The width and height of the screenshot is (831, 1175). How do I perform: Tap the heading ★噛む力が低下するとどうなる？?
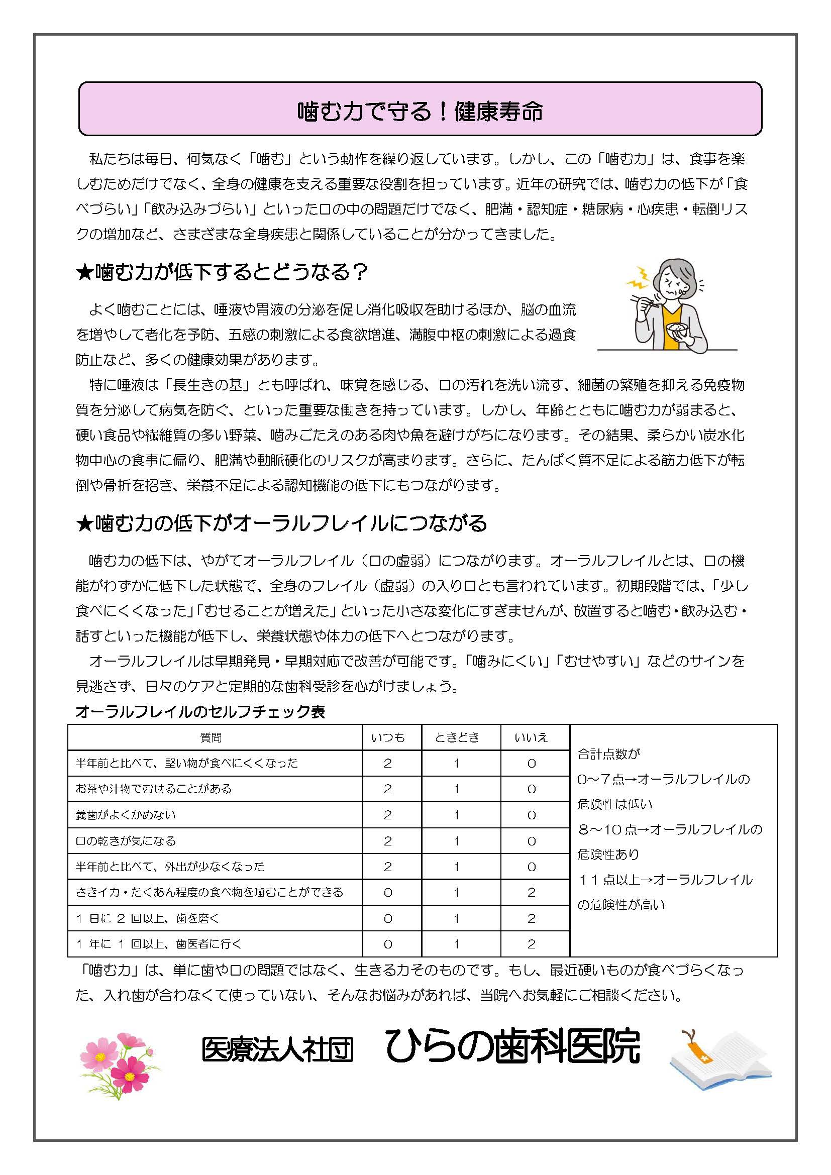(222, 273)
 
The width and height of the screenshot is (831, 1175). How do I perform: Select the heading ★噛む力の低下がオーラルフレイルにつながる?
(281, 523)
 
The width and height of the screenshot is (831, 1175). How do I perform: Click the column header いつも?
(388, 737)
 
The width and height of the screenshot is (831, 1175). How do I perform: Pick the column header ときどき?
(457, 737)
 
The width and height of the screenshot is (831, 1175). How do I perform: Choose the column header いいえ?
(531, 737)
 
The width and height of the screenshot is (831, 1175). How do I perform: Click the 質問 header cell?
(211, 737)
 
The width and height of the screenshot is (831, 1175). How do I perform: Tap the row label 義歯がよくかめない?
(126, 815)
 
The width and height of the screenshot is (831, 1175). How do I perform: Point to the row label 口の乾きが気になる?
(126, 841)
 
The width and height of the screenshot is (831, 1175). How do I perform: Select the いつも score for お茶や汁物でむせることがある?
(388, 789)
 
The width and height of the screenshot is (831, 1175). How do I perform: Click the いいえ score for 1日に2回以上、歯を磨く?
(531, 919)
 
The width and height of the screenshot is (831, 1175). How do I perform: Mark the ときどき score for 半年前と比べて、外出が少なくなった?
(456, 867)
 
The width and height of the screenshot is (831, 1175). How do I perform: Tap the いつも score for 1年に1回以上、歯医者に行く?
(388, 944)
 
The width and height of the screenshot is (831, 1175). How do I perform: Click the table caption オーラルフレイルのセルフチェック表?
(200, 712)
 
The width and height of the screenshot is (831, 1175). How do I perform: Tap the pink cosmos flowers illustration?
(120, 1063)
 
